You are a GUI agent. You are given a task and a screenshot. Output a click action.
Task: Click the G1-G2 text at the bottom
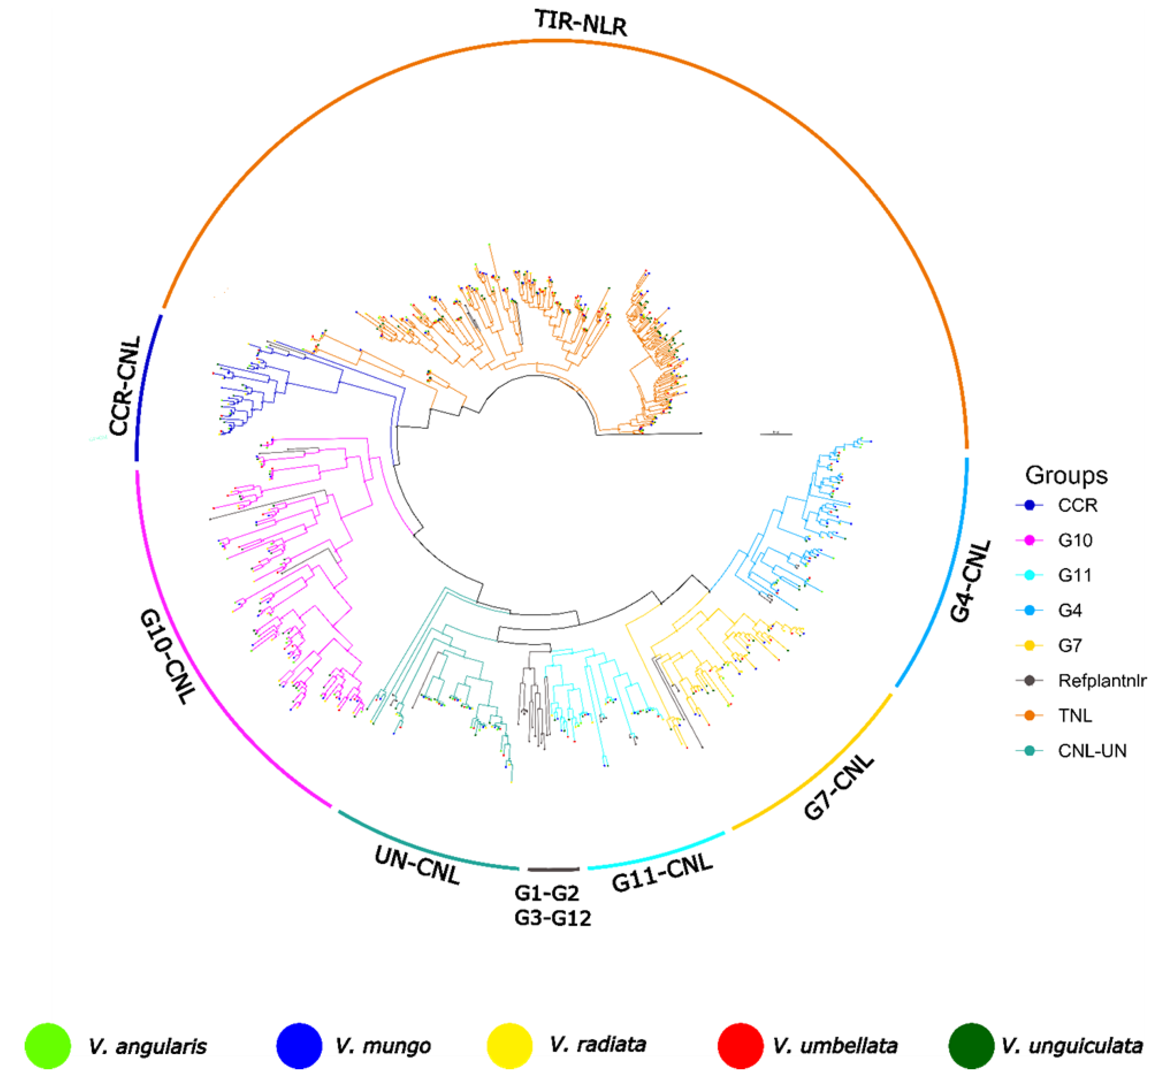pos(546,893)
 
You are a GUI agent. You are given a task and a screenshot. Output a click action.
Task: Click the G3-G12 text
pos(552,918)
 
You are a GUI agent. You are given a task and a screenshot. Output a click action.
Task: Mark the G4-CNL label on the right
pos(970,580)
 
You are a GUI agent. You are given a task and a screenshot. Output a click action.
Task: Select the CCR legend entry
pos(1077,505)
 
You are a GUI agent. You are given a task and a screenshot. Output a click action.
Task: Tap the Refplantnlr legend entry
pos(1102,681)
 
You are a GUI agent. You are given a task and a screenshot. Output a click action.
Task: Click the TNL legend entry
pos(1075,716)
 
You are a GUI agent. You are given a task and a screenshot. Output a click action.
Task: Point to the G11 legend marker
pos(1029,575)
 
